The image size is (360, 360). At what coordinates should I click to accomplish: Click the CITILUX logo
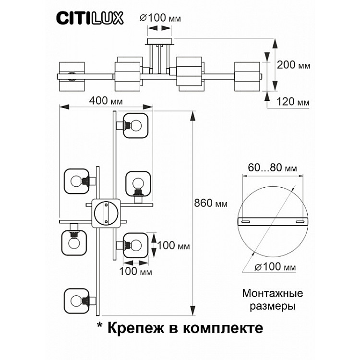point(90,18)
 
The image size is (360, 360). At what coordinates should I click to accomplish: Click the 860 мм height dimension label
point(211,204)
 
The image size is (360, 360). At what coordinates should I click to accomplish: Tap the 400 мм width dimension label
point(106,102)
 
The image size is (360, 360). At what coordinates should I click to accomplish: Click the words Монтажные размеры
point(273,299)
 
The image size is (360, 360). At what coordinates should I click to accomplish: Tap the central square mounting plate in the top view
point(106,212)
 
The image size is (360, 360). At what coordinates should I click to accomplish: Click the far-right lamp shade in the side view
point(247,76)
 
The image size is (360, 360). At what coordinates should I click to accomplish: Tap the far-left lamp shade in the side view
point(72,76)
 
